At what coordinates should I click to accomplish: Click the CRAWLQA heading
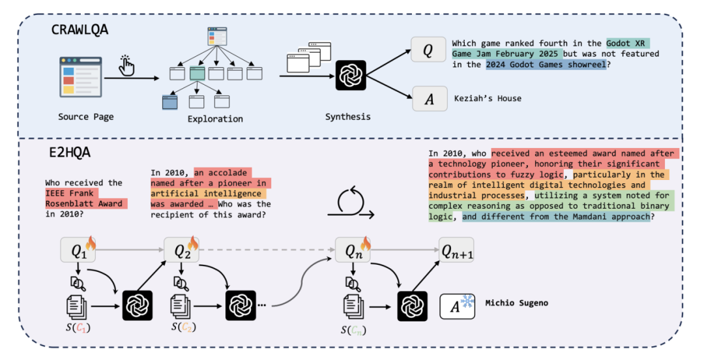tap(80, 29)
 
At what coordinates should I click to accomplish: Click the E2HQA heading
tap(70, 153)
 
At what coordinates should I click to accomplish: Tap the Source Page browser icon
tap(81, 78)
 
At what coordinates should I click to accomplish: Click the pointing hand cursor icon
tap(126, 66)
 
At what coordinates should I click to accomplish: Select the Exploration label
tap(215, 119)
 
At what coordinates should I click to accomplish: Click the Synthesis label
tap(348, 117)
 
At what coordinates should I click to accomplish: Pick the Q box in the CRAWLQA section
tap(428, 50)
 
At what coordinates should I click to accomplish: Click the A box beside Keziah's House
tap(430, 98)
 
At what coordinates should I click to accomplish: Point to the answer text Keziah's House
tap(488, 98)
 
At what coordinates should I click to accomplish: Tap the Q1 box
tap(78, 250)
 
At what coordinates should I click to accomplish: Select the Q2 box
tap(181, 250)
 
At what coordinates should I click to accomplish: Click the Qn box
tap(353, 250)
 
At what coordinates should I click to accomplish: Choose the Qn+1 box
tap(456, 250)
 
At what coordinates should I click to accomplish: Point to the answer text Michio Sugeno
tap(516, 303)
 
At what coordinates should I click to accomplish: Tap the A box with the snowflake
tap(457, 307)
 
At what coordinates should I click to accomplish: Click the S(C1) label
tap(78, 327)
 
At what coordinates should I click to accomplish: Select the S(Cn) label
tap(353, 331)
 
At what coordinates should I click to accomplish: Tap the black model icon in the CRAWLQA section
tap(351, 75)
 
